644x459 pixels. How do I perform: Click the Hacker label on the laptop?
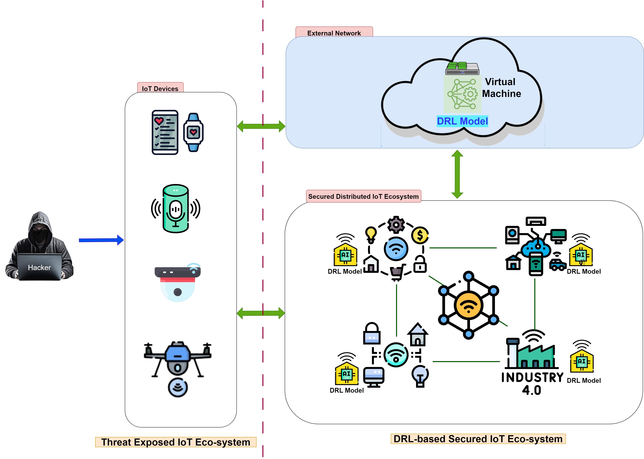pos(39,267)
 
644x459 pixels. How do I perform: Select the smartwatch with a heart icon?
pos(193,132)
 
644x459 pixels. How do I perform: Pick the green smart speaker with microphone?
pos(176,209)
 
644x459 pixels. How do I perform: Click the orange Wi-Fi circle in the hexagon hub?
pos(468,305)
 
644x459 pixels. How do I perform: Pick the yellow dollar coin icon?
pos(420,235)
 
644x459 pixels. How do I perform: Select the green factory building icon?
pos(531,355)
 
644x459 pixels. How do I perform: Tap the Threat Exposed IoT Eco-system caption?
pos(176,442)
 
